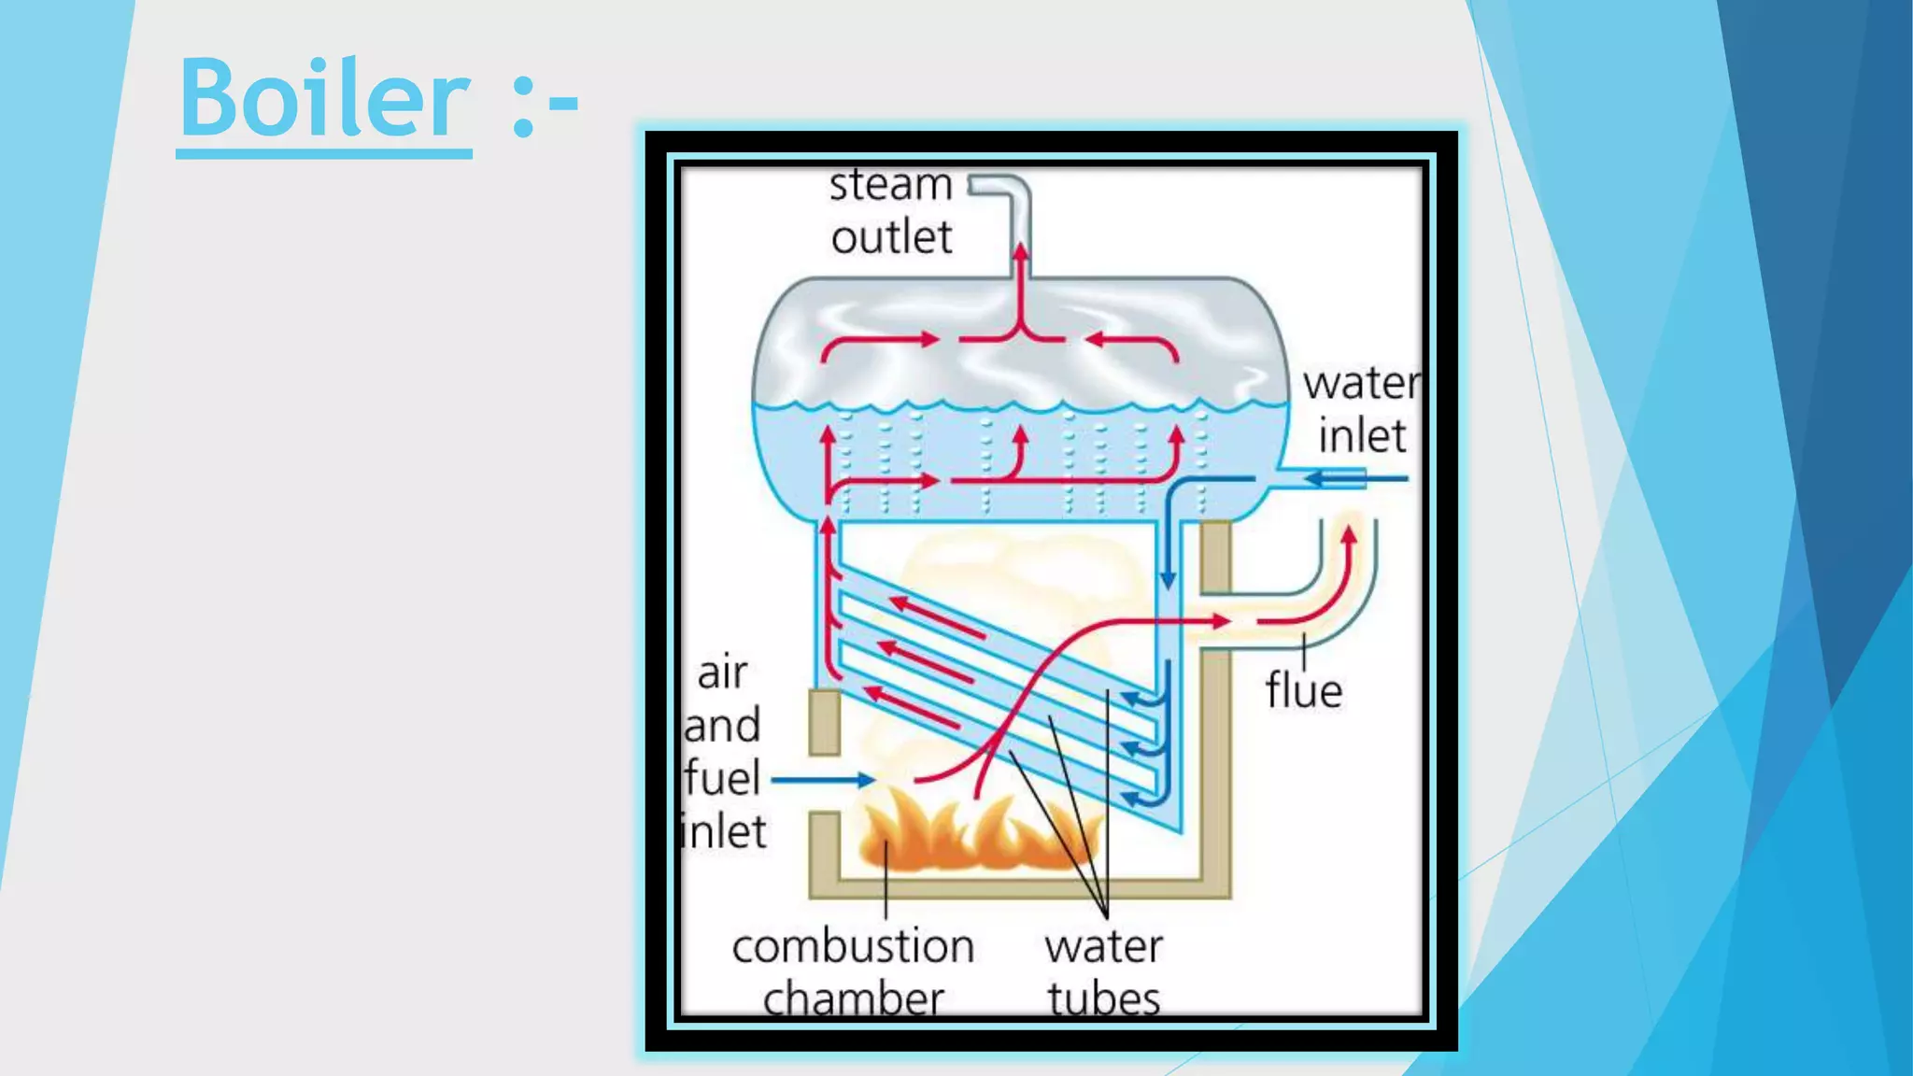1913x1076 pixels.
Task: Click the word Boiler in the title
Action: (324, 97)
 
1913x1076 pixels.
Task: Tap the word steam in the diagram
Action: (890, 185)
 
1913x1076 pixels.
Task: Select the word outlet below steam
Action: (891, 237)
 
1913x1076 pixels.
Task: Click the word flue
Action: (1304, 691)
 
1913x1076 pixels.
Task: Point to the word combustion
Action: (853, 947)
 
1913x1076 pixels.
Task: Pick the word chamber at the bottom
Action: (853, 999)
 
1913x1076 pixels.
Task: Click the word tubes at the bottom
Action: (1103, 999)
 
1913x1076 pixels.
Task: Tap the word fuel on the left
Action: (722, 778)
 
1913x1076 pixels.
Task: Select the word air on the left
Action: (722, 672)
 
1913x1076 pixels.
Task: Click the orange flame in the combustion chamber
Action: (971, 831)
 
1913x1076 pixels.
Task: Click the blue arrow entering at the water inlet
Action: (1345, 479)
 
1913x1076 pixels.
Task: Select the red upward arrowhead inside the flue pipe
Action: (1348, 536)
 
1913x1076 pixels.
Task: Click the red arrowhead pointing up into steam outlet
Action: (1021, 251)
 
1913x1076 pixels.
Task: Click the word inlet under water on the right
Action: (1362, 436)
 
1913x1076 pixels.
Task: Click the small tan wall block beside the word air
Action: (824, 721)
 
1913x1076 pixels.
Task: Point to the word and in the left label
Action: (722, 726)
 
